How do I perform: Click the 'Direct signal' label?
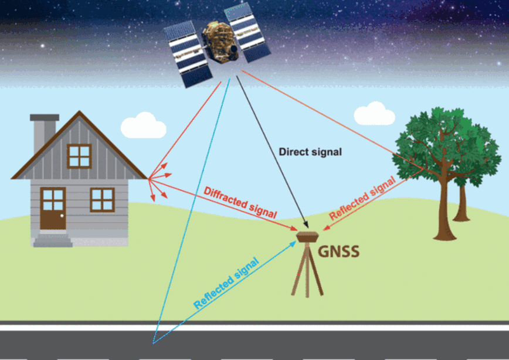coord(310,152)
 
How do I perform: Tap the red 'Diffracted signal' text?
coord(240,202)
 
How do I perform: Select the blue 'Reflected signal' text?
coord(226,283)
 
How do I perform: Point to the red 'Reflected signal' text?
coord(362,198)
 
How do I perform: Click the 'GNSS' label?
coord(338,252)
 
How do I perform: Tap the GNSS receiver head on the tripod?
coord(307,237)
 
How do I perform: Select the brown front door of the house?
coord(53,208)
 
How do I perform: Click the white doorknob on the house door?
coord(62,216)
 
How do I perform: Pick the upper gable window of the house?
coord(79,156)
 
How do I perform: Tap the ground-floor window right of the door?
coord(102,199)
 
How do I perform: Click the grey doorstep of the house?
coord(53,240)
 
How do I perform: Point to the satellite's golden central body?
coord(219,42)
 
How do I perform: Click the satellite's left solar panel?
coord(188,54)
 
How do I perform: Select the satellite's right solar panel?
coord(247,32)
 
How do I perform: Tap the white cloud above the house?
coord(144,125)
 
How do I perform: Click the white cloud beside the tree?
coord(374,114)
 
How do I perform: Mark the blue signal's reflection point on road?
coord(153,343)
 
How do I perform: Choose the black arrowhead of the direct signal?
coord(305,224)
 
